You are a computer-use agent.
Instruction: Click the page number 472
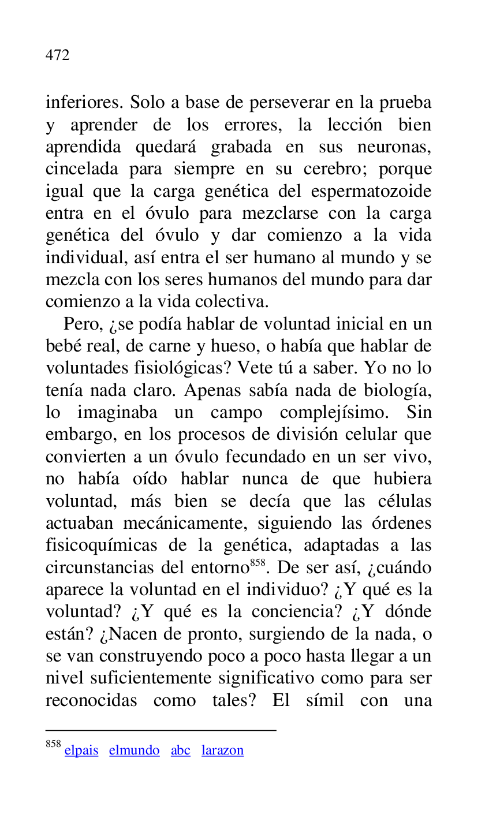pos(57,55)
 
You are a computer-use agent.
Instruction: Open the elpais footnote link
pos(81,750)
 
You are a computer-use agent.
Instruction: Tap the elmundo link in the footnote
pos(134,750)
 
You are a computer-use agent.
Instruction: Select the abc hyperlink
pos(180,750)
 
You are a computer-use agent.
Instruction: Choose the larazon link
pos(222,750)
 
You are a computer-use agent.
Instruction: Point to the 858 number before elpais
pos(53,745)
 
